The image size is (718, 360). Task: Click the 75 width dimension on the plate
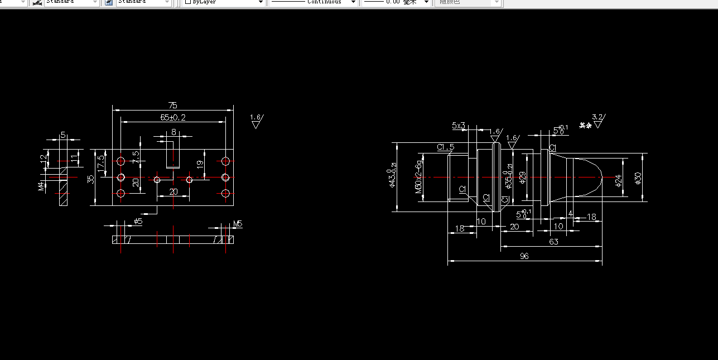[x=172, y=105]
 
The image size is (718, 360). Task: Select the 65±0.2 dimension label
[x=173, y=117]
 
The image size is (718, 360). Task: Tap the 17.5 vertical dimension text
[x=100, y=164]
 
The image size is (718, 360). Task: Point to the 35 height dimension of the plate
[x=91, y=179]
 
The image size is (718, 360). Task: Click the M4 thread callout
[x=41, y=185]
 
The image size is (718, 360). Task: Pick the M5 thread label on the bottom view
[x=238, y=224]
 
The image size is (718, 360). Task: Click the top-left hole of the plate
[x=121, y=161]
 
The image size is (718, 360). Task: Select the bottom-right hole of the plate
[x=225, y=194]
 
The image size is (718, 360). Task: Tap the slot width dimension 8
[x=174, y=132]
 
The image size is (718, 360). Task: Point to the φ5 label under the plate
[x=138, y=222]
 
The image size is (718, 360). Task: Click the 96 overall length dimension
[x=524, y=256]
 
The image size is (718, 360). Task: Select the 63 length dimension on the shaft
[x=553, y=242]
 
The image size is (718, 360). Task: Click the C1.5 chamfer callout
[x=446, y=147]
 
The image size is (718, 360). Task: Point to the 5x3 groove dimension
[x=458, y=126]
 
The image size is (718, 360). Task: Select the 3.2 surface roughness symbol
[x=597, y=119]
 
